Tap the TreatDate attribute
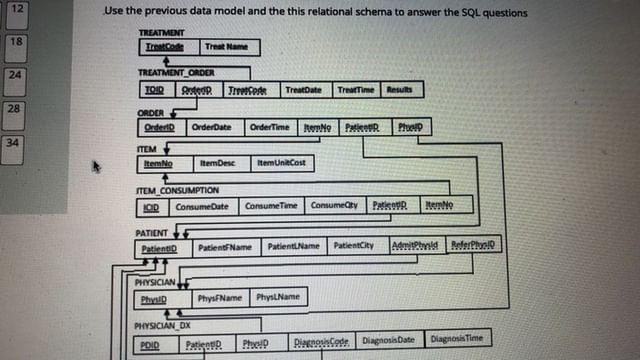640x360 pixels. coord(303,90)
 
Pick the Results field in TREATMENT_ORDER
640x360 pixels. coord(400,90)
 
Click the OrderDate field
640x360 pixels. coord(211,128)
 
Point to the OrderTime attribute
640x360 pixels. coord(269,128)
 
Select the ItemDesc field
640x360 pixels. coord(217,163)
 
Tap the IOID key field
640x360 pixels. coord(149,207)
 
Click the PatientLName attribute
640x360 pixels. coord(292,246)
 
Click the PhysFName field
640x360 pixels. coord(218,298)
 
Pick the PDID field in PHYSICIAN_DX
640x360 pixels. coord(149,345)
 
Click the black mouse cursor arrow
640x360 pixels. coord(97,167)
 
